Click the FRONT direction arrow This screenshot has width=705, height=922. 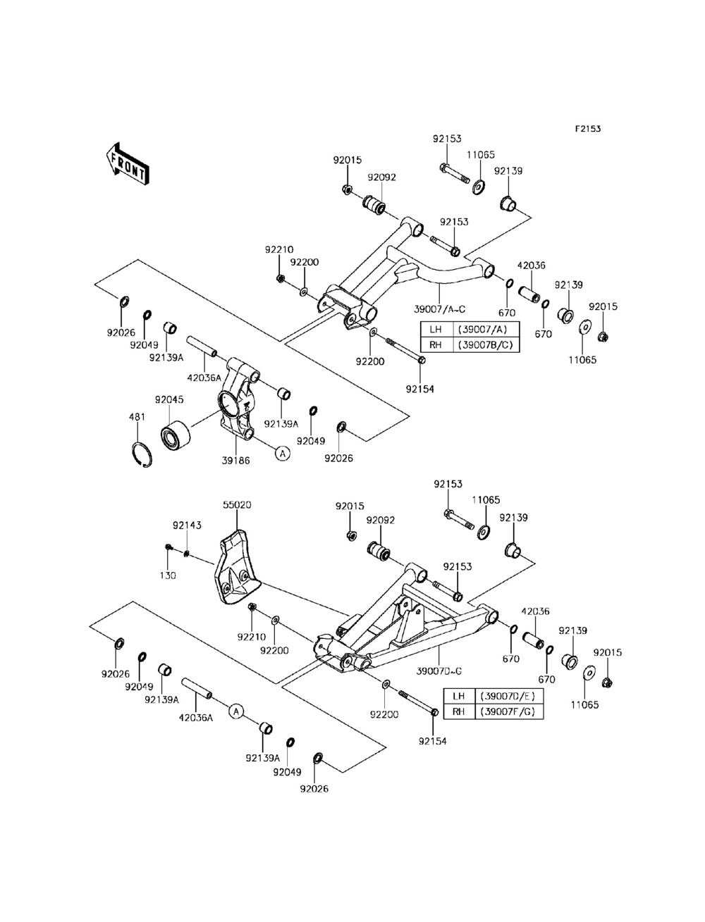(127, 164)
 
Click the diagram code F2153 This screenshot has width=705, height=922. (588, 129)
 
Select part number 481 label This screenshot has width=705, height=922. (137, 417)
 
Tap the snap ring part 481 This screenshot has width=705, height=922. (142, 454)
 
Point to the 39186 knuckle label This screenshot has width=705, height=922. (235, 461)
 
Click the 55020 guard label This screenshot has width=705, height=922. (237, 504)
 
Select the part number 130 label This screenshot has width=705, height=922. (167, 575)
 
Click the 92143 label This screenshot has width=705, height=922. (187, 525)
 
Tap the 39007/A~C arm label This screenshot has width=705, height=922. (440, 309)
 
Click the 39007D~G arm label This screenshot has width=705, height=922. (439, 671)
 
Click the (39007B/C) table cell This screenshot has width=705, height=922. (486, 345)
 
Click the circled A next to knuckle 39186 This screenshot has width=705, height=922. (283, 453)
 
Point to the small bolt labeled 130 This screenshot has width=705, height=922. (168, 547)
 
